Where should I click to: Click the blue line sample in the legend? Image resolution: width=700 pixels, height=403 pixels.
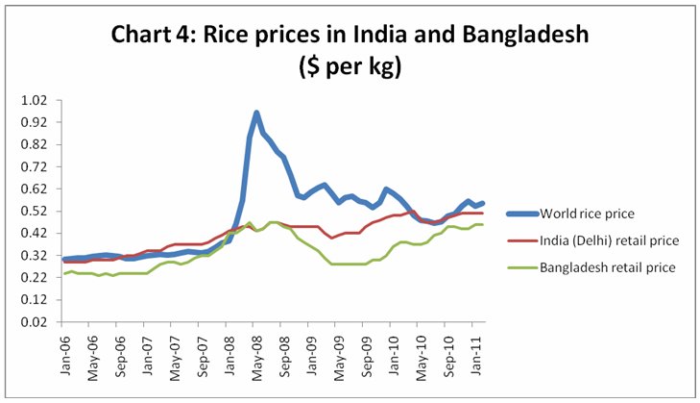click(519, 213)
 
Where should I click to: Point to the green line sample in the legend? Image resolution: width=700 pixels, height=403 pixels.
click(519, 266)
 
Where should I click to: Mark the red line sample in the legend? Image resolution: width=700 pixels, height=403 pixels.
click(519, 239)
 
